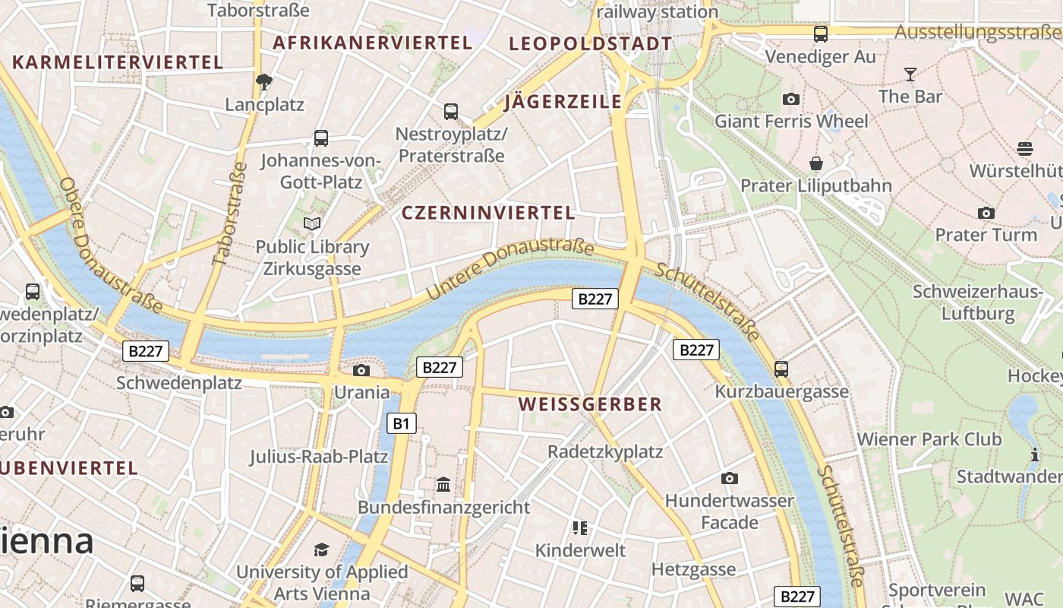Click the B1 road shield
click(402, 423)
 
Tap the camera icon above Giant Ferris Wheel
click(791, 99)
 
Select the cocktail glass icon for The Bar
click(910, 74)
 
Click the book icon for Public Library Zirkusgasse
click(311, 223)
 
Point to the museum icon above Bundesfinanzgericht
click(443, 484)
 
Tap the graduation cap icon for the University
click(322, 549)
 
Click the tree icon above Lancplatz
click(264, 81)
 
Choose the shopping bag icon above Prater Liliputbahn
click(816, 163)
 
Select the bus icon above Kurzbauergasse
click(781, 369)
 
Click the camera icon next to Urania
click(361, 370)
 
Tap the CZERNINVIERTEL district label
click(488, 213)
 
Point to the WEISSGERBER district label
click(591, 404)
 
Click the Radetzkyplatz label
click(605, 451)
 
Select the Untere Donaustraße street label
click(510, 268)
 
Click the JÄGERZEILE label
click(563, 102)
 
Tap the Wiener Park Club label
click(929, 439)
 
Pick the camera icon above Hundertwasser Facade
click(730, 478)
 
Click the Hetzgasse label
click(693, 569)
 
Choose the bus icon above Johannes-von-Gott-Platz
click(321, 138)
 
